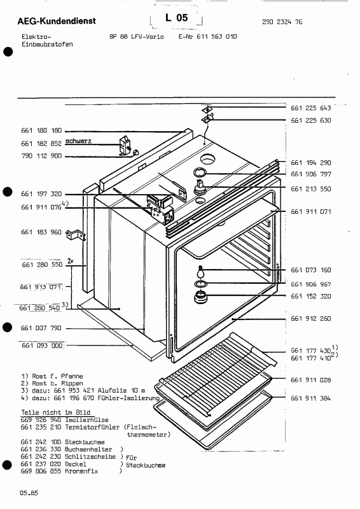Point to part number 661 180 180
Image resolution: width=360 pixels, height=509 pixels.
[41, 130]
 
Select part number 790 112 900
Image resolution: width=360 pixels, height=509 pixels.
[41, 156]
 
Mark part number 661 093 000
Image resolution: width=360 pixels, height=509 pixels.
[41, 345]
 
